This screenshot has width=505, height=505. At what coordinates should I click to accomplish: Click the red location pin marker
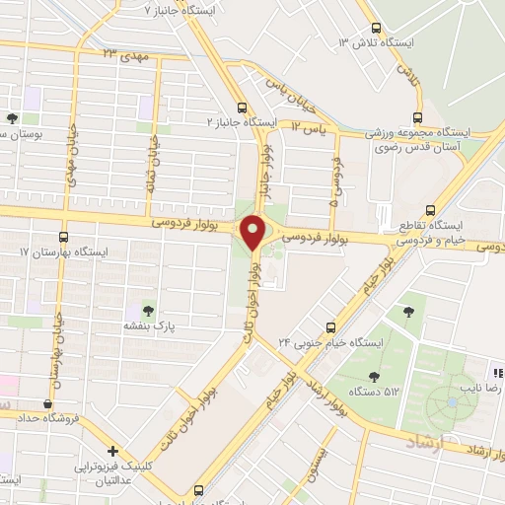click(252, 232)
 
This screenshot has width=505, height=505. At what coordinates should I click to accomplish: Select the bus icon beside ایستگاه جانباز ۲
click(242, 109)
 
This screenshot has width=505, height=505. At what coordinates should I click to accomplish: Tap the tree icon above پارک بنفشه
click(150, 311)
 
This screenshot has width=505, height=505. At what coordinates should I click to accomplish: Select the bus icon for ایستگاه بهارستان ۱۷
click(64, 237)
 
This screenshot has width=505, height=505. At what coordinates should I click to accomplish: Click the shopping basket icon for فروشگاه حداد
click(47, 402)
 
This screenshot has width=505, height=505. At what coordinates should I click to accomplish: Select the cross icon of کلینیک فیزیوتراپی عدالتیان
click(115, 449)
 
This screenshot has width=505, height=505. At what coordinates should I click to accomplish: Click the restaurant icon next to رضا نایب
click(498, 373)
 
